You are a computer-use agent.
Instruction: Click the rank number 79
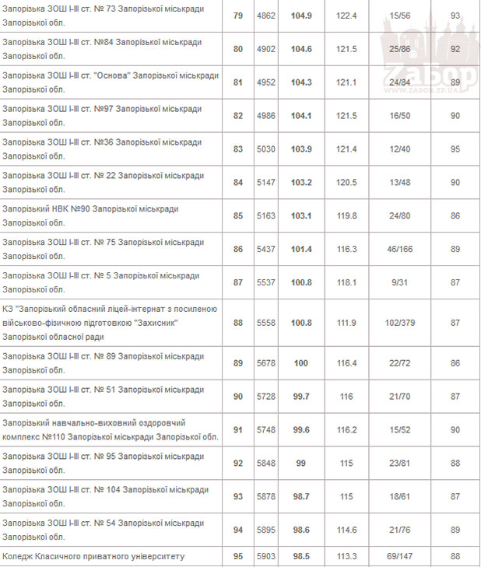pyautogui.click(x=238, y=16)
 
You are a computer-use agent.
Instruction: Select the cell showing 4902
pyautogui.click(x=266, y=50)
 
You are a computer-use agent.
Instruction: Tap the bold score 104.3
pyautogui.click(x=301, y=82)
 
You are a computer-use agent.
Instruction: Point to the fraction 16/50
pyautogui.click(x=401, y=116)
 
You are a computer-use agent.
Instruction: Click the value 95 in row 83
pyautogui.click(x=455, y=149)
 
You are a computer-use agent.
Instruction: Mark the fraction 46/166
pyautogui.click(x=401, y=249)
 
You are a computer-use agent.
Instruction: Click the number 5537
pyautogui.click(x=266, y=282)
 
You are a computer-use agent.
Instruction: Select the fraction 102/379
pyautogui.click(x=401, y=323)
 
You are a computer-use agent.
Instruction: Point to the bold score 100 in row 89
pyautogui.click(x=301, y=363)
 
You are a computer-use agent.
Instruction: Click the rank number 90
pyautogui.click(x=238, y=397)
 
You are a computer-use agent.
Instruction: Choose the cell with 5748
pyautogui.click(x=266, y=430)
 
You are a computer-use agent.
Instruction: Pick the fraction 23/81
pyautogui.click(x=401, y=464)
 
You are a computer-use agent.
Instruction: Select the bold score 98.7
pyautogui.click(x=301, y=496)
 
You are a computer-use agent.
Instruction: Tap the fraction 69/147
pyautogui.click(x=401, y=556)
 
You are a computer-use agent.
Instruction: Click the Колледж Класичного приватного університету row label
pyautogui.click(x=94, y=556)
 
